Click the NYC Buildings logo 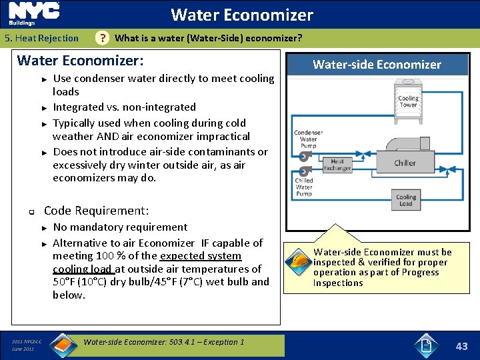tap(34, 14)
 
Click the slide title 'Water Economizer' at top tap(241, 15)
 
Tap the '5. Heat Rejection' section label tap(41, 39)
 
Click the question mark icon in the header tap(102, 39)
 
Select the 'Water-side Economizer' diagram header tap(377, 65)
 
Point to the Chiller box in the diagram tap(405, 163)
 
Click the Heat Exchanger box tap(337, 165)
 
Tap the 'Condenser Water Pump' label tap(308, 139)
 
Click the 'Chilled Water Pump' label tap(304, 187)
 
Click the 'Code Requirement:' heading tap(96, 211)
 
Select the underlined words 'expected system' tap(201, 256)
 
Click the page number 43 tap(461, 346)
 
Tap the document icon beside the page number tap(426, 345)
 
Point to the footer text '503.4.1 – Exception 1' tap(201, 342)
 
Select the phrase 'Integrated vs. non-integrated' tap(124, 107)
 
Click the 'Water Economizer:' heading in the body tap(80, 61)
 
